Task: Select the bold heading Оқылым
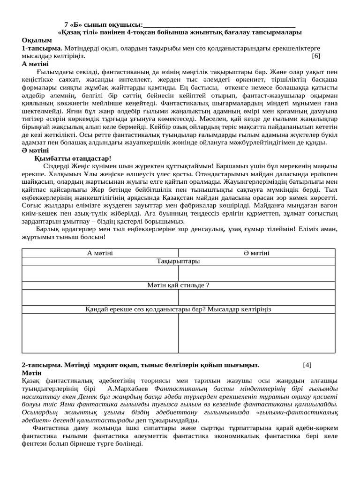click(x=37, y=40)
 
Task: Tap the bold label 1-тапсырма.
click(x=42, y=48)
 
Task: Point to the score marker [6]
click(x=316, y=56)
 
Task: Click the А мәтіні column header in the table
click(x=100, y=253)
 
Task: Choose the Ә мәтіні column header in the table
click(x=256, y=253)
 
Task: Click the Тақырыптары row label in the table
click(x=178, y=261)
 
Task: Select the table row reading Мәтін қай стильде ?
click(x=178, y=285)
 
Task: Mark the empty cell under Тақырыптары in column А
click(x=100, y=273)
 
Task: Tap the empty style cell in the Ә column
click(x=256, y=297)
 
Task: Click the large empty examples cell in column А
click(x=100, y=333)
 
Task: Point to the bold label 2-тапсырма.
click(x=42, y=365)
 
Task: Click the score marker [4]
click(x=307, y=365)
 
